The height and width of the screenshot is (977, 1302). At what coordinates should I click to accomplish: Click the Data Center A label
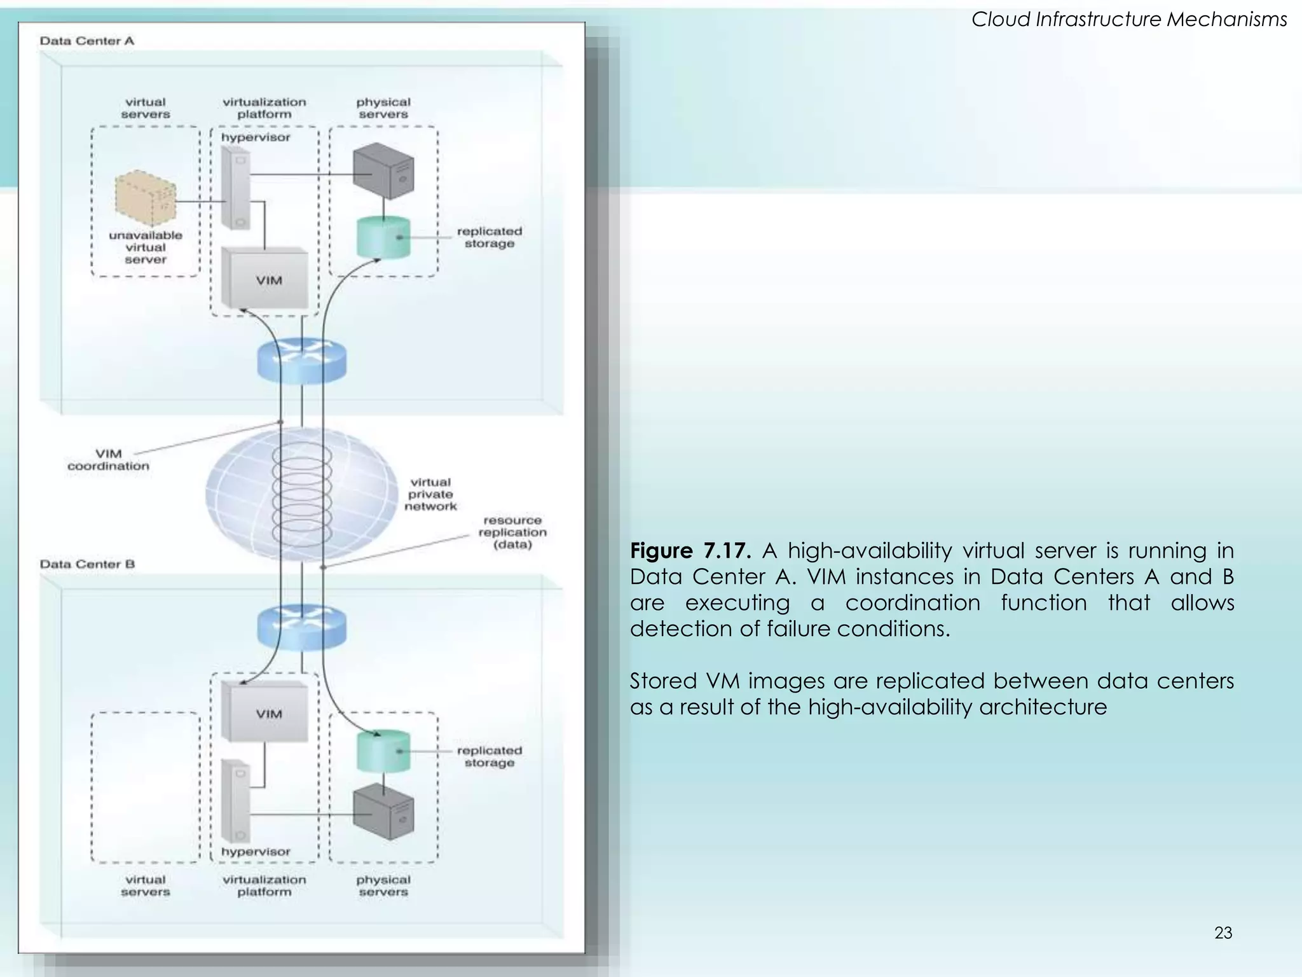(x=87, y=41)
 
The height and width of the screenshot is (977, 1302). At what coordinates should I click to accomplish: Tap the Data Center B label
(x=87, y=564)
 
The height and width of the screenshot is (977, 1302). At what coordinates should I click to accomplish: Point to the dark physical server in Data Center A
(x=383, y=170)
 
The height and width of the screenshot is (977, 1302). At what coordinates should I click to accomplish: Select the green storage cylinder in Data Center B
(x=383, y=751)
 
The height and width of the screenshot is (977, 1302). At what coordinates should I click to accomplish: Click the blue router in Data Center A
(x=302, y=361)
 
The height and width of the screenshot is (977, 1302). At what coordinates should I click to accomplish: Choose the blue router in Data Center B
(x=302, y=627)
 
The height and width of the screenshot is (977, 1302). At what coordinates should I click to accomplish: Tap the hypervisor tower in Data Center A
(x=236, y=188)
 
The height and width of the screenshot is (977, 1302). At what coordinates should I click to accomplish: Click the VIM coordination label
(x=109, y=460)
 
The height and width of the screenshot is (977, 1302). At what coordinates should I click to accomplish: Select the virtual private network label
(x=430, y=494)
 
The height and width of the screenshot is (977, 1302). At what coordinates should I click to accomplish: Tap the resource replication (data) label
(x=512, y=532)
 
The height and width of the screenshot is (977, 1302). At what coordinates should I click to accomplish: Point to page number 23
(x=1223, y=933)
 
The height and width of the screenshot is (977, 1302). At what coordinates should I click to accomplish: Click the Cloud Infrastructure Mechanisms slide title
(x=1129, y=20)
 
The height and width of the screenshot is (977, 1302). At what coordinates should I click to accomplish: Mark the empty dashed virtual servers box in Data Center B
(x=146, y=787)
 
